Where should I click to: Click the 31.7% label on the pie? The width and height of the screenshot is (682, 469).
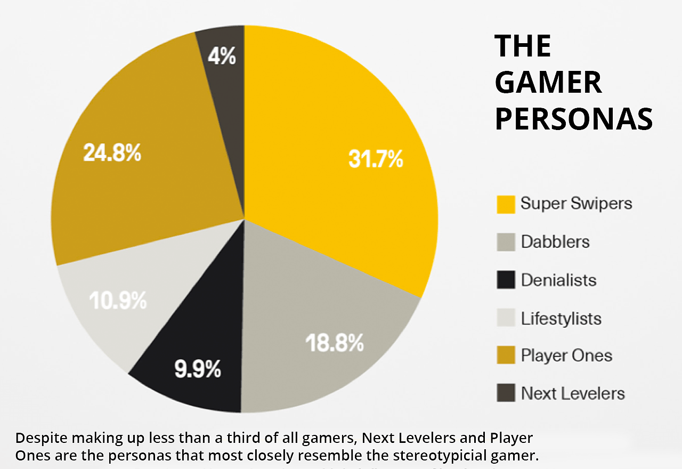tap(376, 159)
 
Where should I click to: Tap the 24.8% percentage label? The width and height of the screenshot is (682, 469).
tap(112, 153)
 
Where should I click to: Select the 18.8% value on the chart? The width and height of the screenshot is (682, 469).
tap(334, 343)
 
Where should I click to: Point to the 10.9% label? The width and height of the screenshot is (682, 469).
tap(118, 301)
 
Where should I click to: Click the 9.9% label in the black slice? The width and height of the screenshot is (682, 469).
tap(198, 369)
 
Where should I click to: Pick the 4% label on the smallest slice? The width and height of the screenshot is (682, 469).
tap(222, 56)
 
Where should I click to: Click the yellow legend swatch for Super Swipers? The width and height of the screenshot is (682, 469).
tap(506, 204)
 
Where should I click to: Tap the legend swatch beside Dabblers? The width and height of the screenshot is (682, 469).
tap(506, 242)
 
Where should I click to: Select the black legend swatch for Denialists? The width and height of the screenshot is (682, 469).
tap(506, 280)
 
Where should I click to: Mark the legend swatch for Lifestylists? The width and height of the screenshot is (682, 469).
tap(506, 318)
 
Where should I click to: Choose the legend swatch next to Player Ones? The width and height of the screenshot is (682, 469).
tap(506, 355)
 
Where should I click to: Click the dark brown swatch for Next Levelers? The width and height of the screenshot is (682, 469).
tap(506, 393)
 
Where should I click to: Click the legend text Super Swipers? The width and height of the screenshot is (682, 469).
tap(576, 203)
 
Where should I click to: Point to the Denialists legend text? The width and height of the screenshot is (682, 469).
tap(558, 280)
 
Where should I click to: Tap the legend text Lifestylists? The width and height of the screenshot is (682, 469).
tap(561, 318)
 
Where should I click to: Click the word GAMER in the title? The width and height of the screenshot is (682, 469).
tap(548, 83)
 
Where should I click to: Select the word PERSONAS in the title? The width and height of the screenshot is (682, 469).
tap(574, 119)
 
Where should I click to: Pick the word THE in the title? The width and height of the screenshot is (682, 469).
tap(523, 46)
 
